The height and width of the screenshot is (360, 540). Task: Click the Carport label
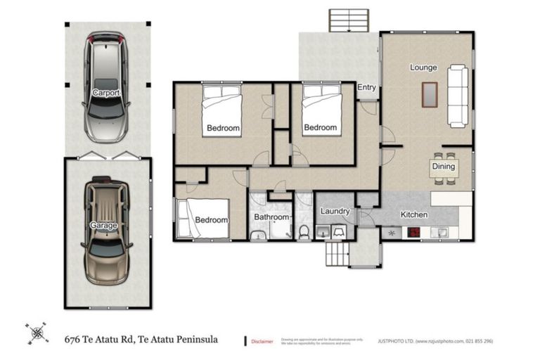click(x=105, y=93)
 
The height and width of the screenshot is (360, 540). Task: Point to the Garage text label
click(x=103, y=226)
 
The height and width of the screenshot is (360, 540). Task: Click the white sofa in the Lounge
click(x=458, y=95)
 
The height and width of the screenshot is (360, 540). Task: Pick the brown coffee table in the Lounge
click(x=429, y=94)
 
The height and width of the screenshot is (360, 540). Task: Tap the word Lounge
click(x=423, y=68)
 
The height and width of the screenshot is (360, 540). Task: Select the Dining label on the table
click(x=444, y=167)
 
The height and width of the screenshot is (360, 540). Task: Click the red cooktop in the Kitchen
click(x=413, y=233)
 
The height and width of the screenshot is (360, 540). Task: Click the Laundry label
click(x=335, y=212)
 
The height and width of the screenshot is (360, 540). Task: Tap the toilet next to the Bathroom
click(x=304, y=231)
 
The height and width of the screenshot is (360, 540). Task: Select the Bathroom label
click(x=271, y=218)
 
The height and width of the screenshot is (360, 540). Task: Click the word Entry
click(x=366, y=88)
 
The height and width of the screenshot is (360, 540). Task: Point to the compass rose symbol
click(x=37, y=333)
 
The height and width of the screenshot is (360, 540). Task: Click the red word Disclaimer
click(x=263, y=341)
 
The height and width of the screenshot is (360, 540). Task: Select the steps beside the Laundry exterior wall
click(x=336, y=253)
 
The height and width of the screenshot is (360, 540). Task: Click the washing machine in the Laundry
click(x=339, y=231)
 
